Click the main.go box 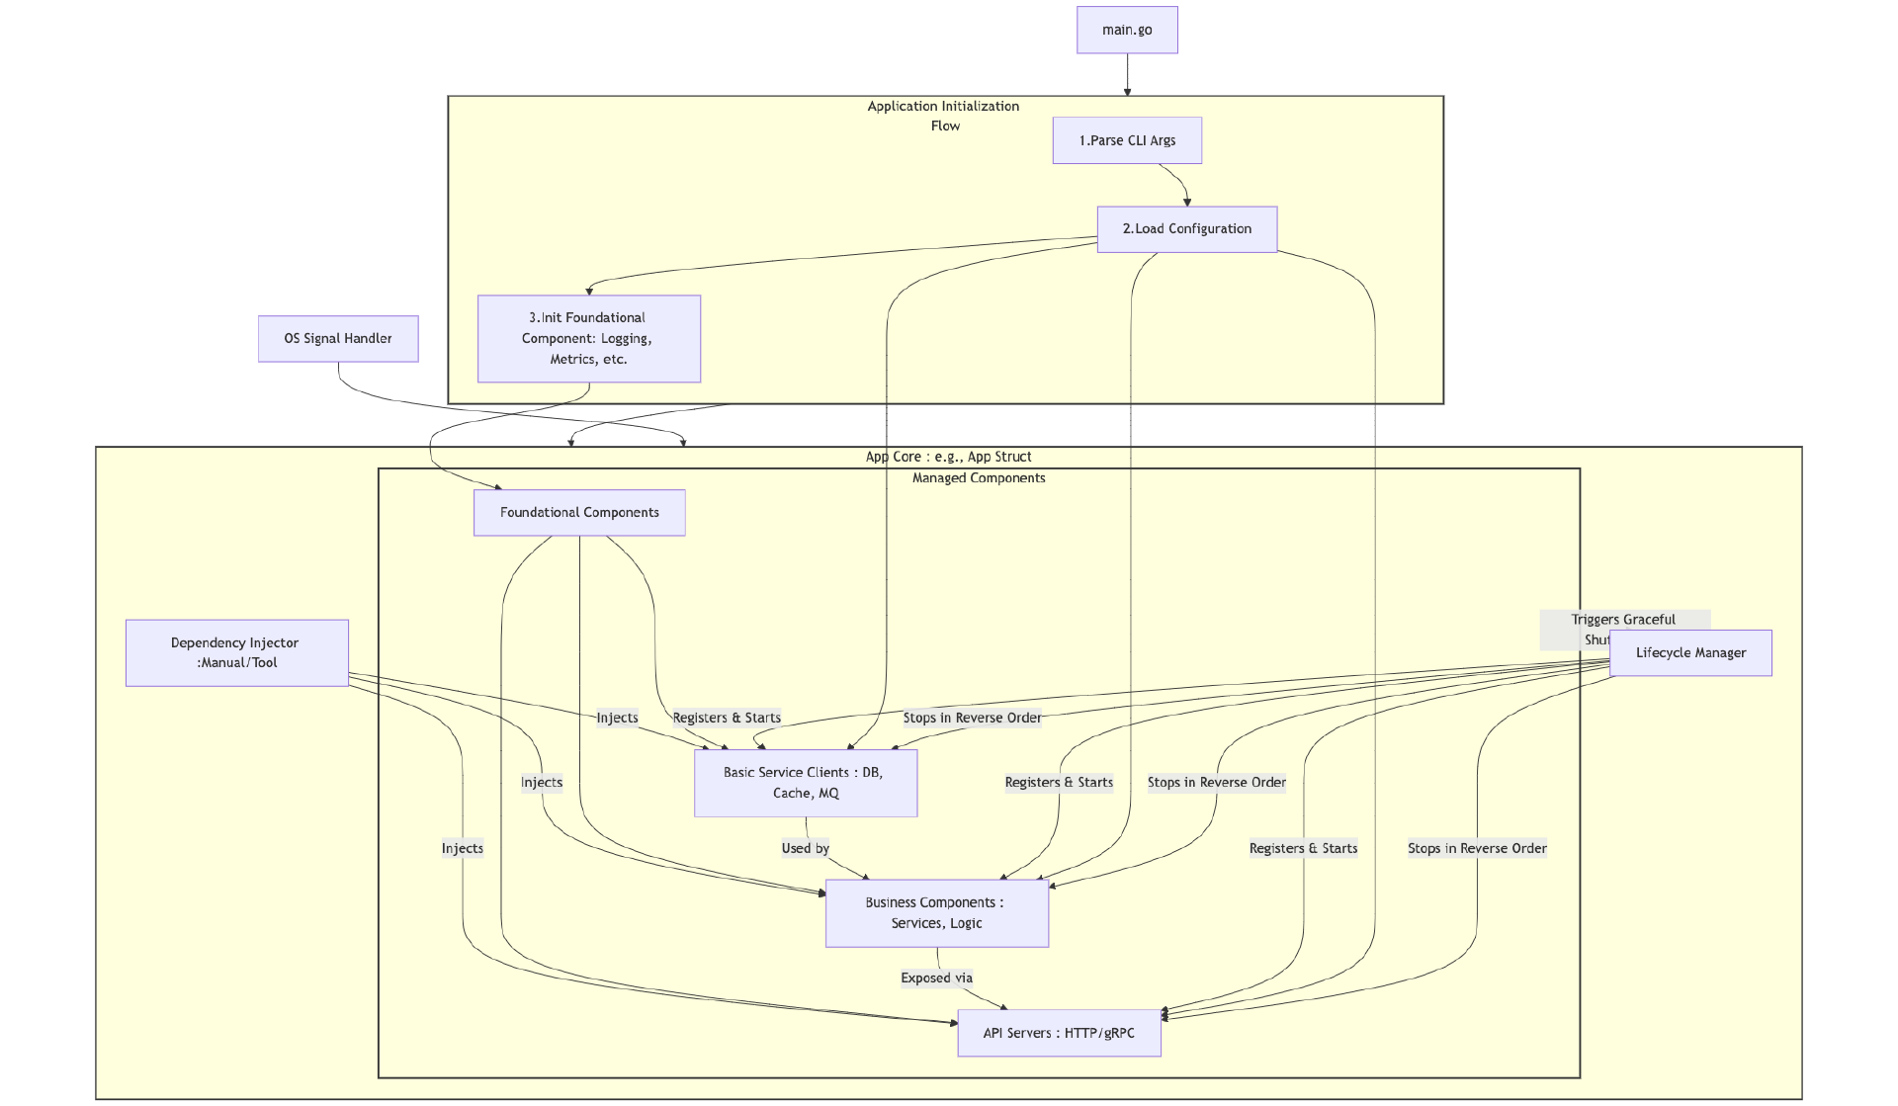1127,31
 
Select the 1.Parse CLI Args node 1127,140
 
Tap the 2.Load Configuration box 1186,229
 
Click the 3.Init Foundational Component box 588,339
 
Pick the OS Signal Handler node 338,339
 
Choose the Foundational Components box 579,513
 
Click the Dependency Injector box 236,653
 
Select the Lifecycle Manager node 1690,653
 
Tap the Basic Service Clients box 805,783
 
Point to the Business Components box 936,913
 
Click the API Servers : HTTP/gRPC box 1059,1033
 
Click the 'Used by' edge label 805,848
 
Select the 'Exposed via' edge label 936,978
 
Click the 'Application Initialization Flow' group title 944,116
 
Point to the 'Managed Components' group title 979,478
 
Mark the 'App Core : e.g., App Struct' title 948,457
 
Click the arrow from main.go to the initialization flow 1127,75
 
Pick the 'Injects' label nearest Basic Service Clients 617,719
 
